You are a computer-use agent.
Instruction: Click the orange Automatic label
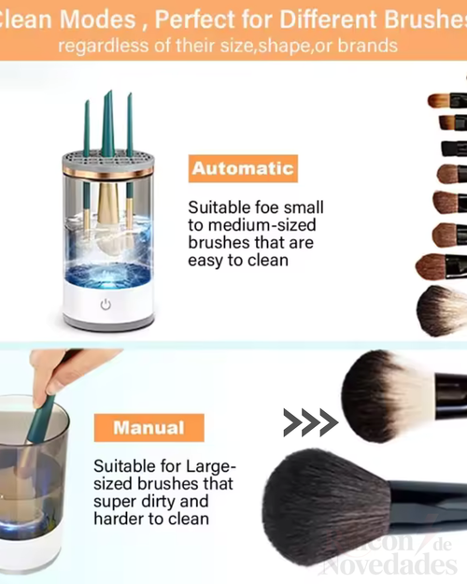pyautogui.click(x=242, y=169)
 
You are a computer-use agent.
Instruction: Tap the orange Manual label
pyautogui.click(x=149, y=429)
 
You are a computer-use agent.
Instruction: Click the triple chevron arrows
pyautogui.click(x=310, y=422)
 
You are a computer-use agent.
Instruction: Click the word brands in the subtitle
pyautogui.click(x=368, y=45)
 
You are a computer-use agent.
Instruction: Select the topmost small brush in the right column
pyautogui.click(x=447, y=100)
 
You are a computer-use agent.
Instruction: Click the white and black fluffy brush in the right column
pyautogui.click(x=441, y=310)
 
